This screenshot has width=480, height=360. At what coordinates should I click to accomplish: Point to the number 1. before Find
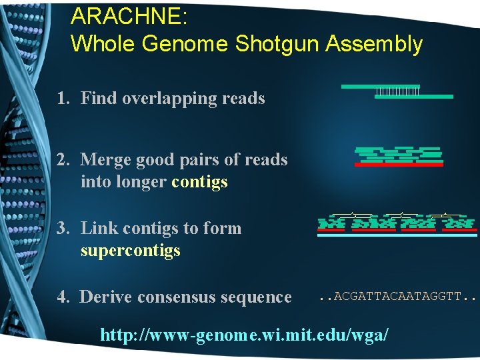(64, 99)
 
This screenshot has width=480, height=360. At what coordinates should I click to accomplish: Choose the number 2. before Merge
(64, 160)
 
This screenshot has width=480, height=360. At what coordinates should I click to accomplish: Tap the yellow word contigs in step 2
(199, 182)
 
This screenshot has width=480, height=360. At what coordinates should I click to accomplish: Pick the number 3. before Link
(64, 229)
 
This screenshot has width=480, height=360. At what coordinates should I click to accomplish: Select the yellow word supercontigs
(131, 251)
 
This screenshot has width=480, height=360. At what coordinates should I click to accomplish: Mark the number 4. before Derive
(64, 297)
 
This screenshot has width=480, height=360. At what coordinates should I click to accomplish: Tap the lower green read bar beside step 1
(413, 97)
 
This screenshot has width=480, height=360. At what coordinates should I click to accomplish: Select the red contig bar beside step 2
(399, 164)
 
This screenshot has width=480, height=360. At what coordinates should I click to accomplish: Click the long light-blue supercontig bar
(397, 235)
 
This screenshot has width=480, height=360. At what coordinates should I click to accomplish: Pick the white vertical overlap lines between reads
(397, 91)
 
